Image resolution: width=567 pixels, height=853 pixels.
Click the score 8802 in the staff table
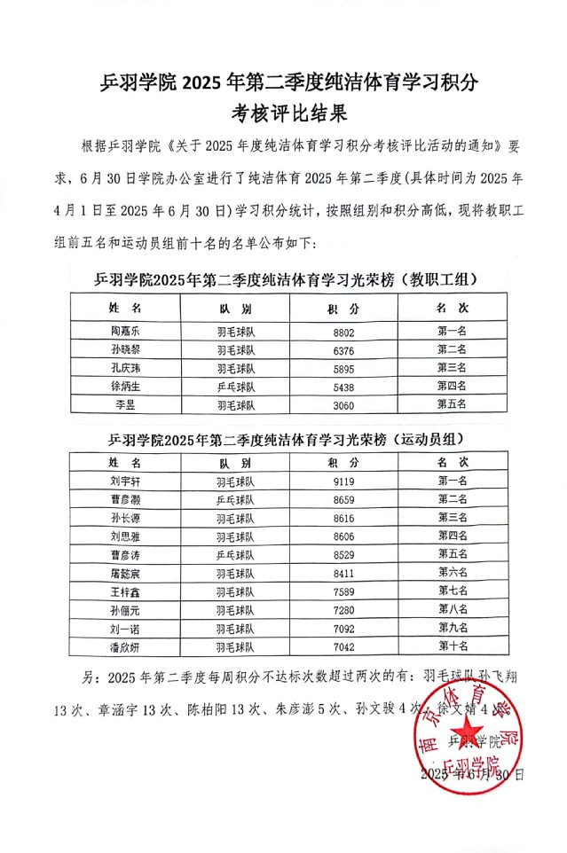pos(343,331)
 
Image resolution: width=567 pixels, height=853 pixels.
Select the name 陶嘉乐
pos(124,331)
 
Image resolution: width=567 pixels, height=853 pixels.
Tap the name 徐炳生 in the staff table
pos(124,387)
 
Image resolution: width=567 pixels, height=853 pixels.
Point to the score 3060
pos(343,405)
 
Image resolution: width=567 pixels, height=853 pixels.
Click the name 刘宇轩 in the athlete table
pos(124,481)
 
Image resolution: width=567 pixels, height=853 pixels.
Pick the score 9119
pos(343,481)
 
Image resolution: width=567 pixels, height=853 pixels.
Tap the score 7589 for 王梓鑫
pos(343,592)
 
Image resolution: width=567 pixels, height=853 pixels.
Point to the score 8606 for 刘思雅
pos(343,536)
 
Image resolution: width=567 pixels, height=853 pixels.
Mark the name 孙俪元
pos(124,611)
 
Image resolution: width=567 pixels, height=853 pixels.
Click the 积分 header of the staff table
pos(343,308)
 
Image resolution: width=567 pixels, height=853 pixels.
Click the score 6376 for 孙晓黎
pos(343,349)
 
